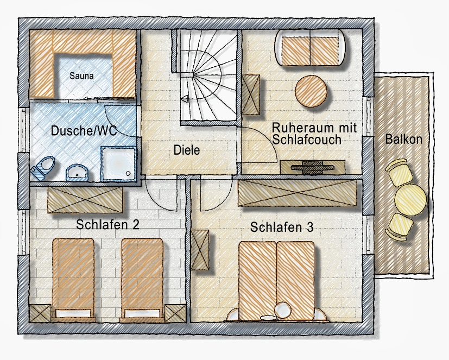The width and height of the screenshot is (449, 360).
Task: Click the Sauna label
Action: (81, 76)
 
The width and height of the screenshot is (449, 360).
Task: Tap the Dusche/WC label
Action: (84, 131)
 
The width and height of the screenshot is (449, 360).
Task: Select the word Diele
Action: (187, 150)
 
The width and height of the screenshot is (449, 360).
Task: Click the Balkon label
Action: (404, 139)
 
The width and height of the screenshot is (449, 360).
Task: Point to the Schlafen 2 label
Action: (107, 225)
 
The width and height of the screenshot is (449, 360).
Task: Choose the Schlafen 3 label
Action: (282, 227)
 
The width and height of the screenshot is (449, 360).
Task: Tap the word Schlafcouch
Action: (307, 140)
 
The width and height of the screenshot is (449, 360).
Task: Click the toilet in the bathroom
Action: (43, 168)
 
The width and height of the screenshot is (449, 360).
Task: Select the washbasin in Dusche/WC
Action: (77, 173)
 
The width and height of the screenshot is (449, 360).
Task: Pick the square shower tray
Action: (118, 163)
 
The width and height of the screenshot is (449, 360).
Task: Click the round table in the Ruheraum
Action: (311, 91)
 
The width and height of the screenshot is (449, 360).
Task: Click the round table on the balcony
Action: (410, 200)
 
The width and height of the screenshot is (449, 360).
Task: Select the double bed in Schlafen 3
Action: (276, 281)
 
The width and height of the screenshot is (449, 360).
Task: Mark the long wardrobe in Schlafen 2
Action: (85, 200)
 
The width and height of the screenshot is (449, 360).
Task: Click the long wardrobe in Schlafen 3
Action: (297, 192)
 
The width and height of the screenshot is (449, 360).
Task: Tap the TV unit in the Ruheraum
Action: (312, 167)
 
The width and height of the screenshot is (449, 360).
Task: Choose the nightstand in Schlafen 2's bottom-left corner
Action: (40, 313)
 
